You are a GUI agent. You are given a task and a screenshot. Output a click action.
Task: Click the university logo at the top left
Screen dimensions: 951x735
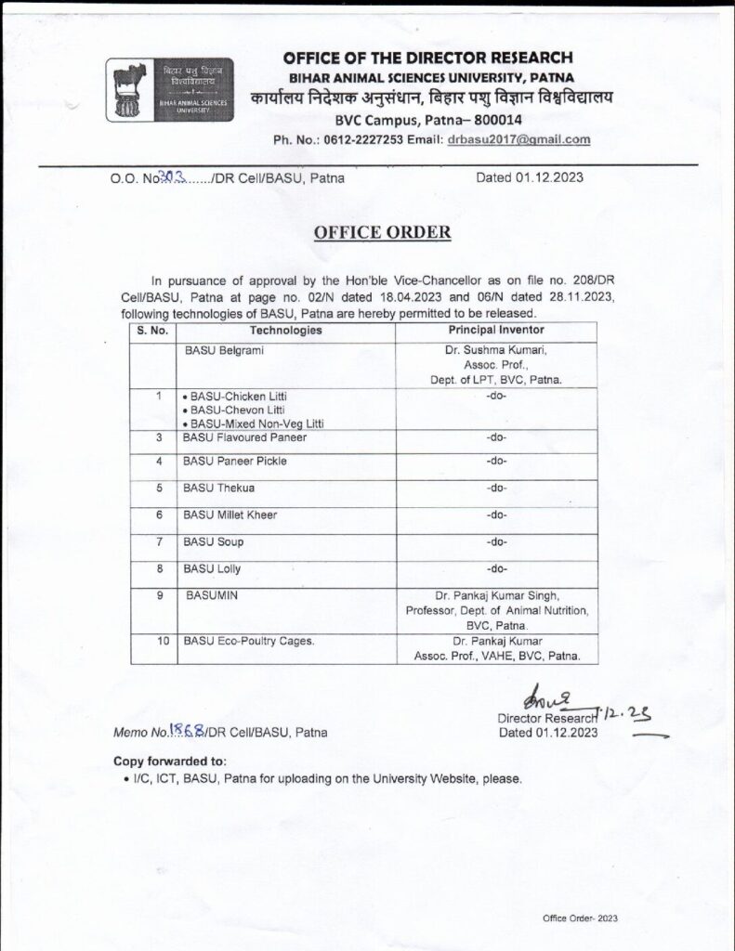(x=169, y=86)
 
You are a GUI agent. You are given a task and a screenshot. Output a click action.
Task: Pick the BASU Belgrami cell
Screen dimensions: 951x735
(x=220, y=350)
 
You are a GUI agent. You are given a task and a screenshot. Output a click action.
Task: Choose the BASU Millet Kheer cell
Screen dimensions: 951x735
(x=230, y=515)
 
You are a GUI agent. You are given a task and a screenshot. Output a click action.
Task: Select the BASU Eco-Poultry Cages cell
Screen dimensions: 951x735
(x=248, y=641)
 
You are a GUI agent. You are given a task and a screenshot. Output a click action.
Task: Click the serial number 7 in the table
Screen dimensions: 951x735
(x=160, y=541)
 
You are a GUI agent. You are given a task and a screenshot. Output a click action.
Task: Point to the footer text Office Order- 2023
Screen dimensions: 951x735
(x=581, y=918)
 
